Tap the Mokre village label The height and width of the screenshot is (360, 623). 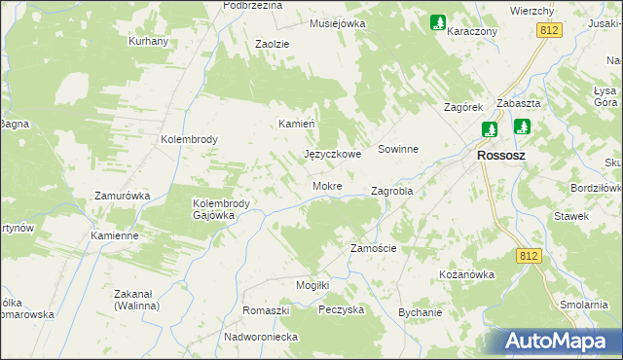[x=326, y=185]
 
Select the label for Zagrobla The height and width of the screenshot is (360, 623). [x=392, y=191]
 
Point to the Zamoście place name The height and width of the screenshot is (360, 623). [x=373, y=248]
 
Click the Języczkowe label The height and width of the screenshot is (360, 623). [x=333, y=154]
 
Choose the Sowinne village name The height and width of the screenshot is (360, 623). [x=398, y=150]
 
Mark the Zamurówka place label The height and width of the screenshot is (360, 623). [x=122, y=196]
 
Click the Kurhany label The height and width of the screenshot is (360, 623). [x=149, y=42]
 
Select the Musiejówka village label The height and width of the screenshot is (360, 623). [x=337, y=22]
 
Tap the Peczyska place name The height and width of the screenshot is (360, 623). [x=341, y=309]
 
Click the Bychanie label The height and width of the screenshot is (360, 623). [x=421, y=312]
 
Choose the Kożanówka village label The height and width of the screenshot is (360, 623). [x=467, y=274]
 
